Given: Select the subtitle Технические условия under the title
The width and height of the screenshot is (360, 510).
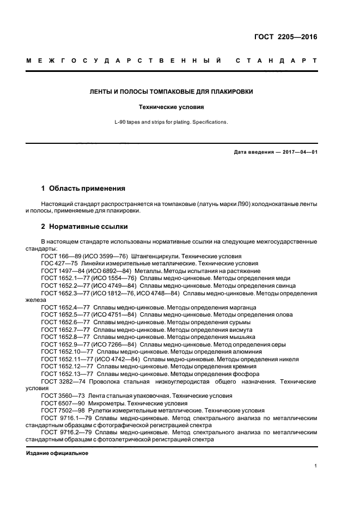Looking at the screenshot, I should pos(180,107).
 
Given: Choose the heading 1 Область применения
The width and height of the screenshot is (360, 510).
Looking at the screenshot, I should pos(83,189).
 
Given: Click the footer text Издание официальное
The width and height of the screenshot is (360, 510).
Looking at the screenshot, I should pos(57,453).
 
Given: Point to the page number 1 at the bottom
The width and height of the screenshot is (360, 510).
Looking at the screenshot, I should pos(316,466).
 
